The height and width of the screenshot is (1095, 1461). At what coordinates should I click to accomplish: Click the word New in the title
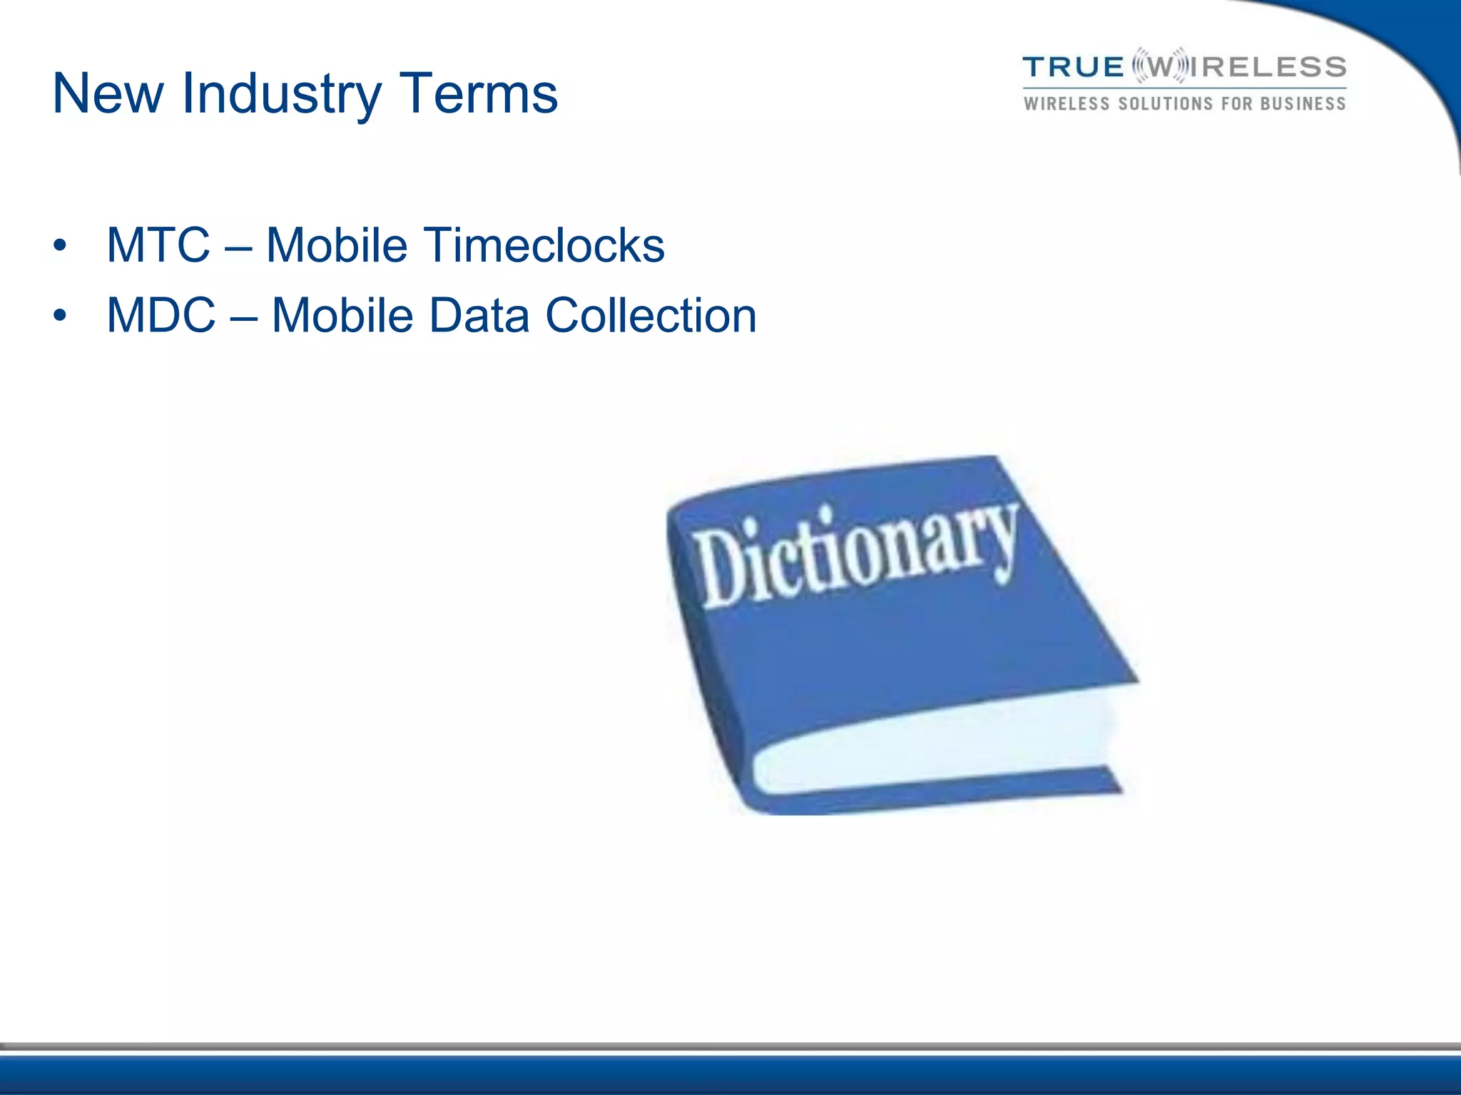(108, 93)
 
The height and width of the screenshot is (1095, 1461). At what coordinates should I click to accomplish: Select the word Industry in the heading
(281, 95)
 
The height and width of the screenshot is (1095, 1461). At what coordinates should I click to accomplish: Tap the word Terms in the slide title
(478, 93)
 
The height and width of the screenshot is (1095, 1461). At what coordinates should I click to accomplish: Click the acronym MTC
(158, 245)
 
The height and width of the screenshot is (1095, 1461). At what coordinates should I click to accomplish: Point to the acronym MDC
(161, 315)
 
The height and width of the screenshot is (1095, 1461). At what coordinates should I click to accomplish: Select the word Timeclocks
(545, 245)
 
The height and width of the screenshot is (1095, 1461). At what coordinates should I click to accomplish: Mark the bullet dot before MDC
(60, 316)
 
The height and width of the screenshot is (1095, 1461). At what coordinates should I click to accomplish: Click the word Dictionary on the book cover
(856, 552)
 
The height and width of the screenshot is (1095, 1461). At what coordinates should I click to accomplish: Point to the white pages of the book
(927, 749)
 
